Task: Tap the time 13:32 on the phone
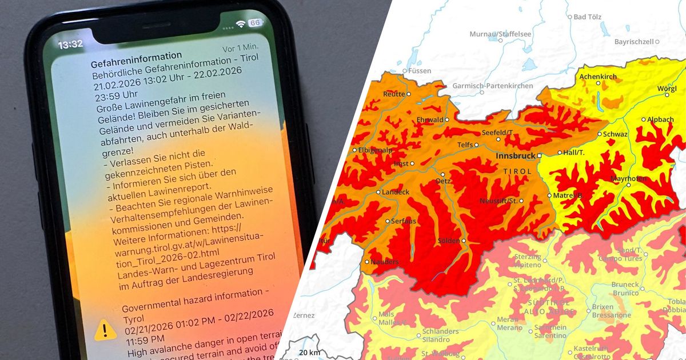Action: coord(70,44)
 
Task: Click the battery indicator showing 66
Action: coord(255,23)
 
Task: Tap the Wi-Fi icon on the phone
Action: coord(241,24)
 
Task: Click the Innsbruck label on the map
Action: coord(515,155)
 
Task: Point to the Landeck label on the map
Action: coord(395,192)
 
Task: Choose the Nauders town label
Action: coord(384,262)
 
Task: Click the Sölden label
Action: coord(448,241)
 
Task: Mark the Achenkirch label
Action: coord(597,76)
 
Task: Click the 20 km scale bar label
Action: coord(309,352)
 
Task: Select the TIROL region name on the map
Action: coord(517,171)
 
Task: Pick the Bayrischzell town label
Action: coord(634,42)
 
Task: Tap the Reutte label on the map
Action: coord(394,94)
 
